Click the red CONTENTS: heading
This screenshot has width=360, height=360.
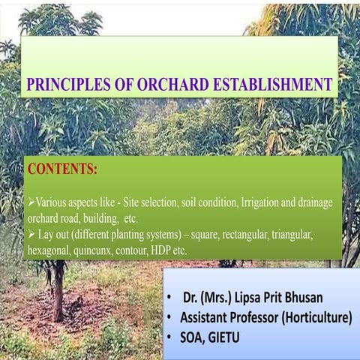click(62, 169)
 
